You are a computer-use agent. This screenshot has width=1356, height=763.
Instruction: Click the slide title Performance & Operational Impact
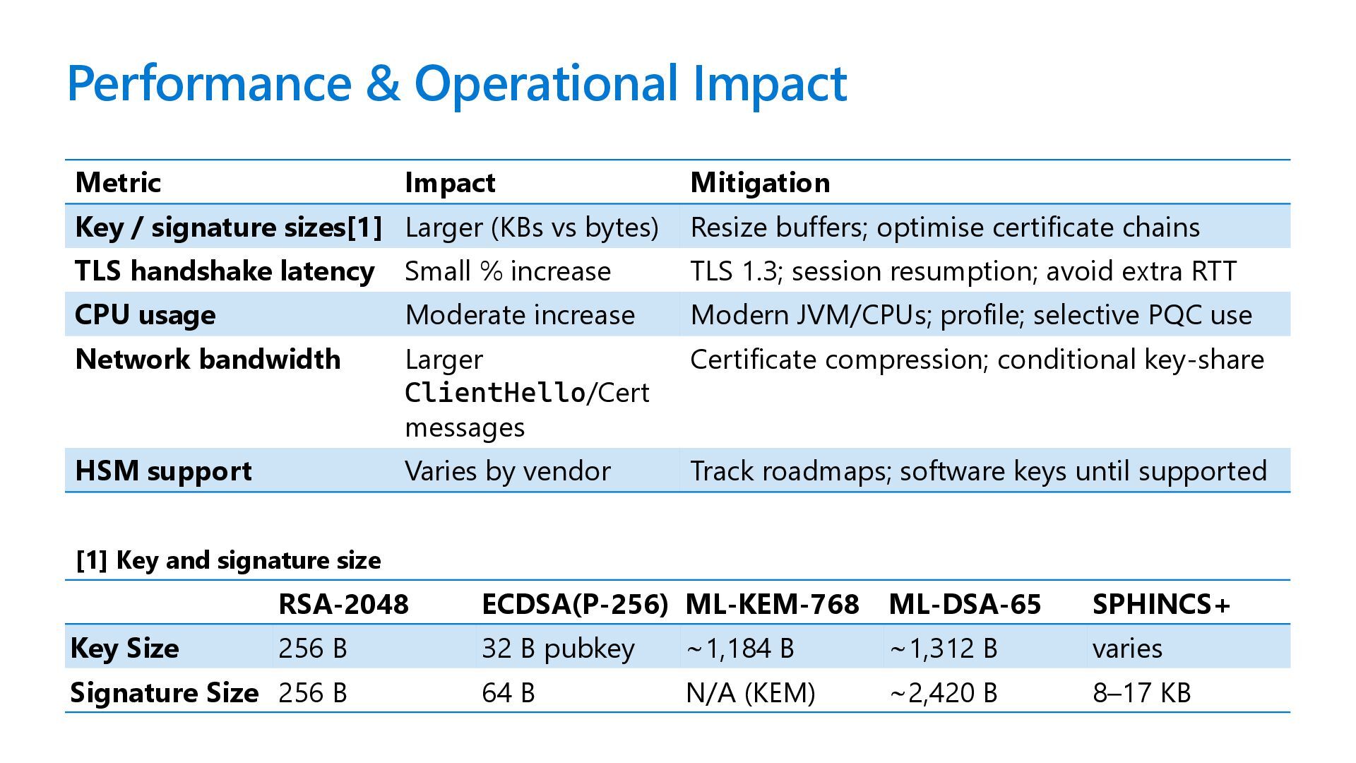tap(456, 83)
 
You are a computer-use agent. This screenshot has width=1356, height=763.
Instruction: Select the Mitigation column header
tap(760, 183)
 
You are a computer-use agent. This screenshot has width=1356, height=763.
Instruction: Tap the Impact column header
tap(450, 183)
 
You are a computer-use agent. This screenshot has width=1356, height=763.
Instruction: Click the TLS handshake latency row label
tap(225, 271)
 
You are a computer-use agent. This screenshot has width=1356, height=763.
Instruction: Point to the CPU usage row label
tap(145, 315)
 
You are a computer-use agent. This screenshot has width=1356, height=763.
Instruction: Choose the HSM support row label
tap(163, 471)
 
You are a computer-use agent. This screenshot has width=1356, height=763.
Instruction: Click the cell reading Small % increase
tap(508, 271)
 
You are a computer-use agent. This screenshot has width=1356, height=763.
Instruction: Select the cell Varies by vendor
tap(508, 471)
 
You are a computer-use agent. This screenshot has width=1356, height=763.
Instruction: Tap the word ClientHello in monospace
tap(495, 393)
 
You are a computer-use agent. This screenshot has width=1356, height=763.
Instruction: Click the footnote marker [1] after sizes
tap(364, 227)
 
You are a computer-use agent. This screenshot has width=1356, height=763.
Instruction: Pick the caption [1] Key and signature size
tap(228, 560)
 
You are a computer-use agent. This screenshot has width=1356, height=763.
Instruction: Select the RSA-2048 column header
tap(343, 604)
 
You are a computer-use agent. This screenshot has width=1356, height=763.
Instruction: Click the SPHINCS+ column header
tap(1161, 604)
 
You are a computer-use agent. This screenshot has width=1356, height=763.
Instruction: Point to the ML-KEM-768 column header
tap(772, 604)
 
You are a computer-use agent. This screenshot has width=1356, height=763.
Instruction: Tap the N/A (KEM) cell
tap(750, 692)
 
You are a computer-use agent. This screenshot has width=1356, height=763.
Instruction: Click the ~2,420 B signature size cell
tap(944, 692)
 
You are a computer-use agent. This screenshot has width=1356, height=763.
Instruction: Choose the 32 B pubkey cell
tap(558, 649)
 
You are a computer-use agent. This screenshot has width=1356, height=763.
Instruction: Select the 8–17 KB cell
tap(1141, 692)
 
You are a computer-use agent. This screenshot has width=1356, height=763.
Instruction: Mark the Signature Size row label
tap(164, 692)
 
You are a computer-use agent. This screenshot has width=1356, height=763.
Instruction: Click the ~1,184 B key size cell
tap(740, 649)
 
